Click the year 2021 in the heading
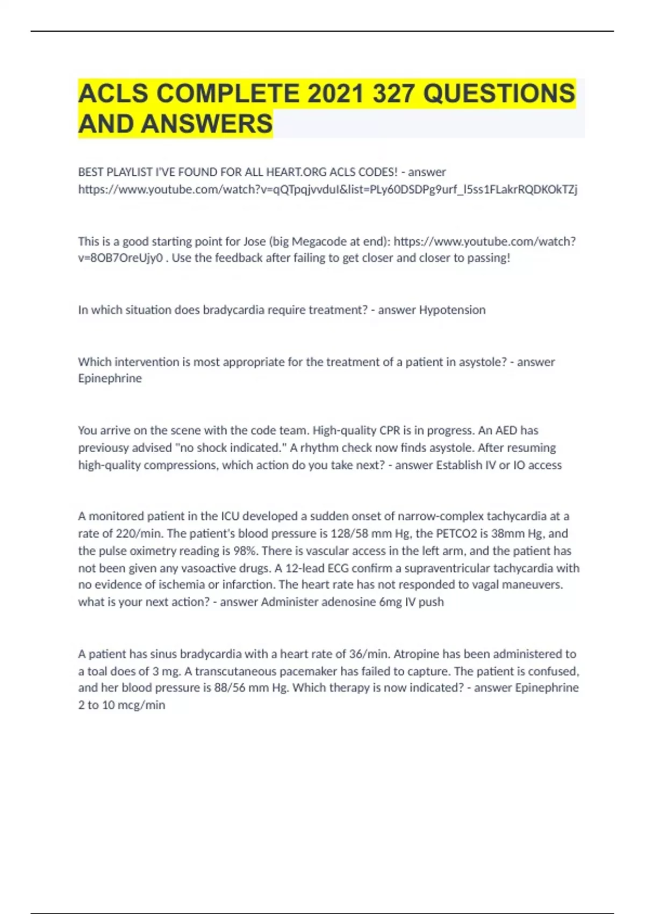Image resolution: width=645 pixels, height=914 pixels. tap(335, 93)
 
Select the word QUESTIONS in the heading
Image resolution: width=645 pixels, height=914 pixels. tap(499, 93)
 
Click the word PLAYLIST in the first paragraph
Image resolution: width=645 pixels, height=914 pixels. tap(129, 172)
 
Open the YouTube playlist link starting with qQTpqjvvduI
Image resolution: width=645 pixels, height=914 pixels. tap(328, 189)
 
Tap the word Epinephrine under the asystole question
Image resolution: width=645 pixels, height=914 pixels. tap(110, 379)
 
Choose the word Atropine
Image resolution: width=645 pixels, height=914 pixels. tap(418, 654)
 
